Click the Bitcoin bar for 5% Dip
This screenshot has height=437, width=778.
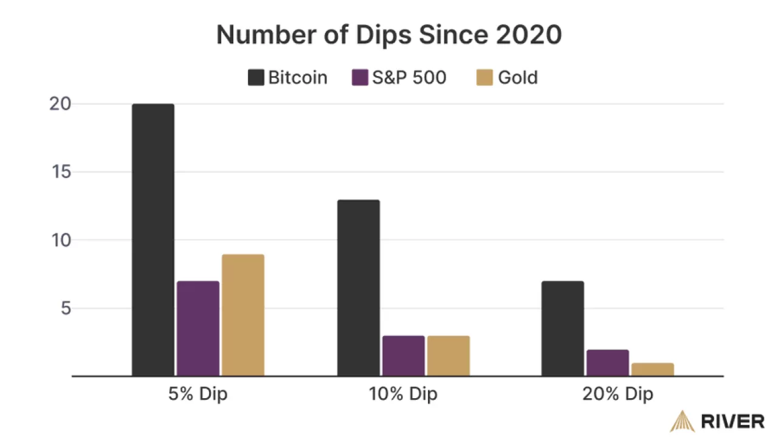click(x=153, y=240)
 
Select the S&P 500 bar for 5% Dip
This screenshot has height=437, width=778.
click(x=198, y=329)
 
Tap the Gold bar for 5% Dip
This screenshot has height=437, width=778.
click(x=243, y=315)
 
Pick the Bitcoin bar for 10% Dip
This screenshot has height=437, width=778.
click(x=358, y=288)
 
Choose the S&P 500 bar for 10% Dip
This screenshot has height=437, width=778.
click(x=403, y=356)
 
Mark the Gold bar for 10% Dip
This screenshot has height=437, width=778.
click(x=448, y=356)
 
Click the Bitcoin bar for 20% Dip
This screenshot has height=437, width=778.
click(x=563, y=329)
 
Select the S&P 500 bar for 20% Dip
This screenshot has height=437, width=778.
click(x=608, y=363)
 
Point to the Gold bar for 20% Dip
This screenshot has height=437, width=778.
click(x=653, y=370)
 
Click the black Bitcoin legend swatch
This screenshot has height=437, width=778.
click(x=255, y=78)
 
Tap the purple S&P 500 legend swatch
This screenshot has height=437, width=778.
click(x=360, y=78)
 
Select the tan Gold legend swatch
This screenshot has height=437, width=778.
click(x=484, y=78)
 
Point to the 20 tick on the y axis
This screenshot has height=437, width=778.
click(x=61, y=104)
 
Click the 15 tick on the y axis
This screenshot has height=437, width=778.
click(x=61, y=172)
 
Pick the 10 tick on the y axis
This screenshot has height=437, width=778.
click(x=61, y=240)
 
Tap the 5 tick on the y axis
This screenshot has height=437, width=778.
click(x=65, y=308)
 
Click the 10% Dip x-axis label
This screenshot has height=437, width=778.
click(x=403, y=394)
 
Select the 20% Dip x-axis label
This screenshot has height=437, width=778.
click(x=618, y=394)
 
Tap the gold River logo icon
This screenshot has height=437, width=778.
click(x=683, y=421)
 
